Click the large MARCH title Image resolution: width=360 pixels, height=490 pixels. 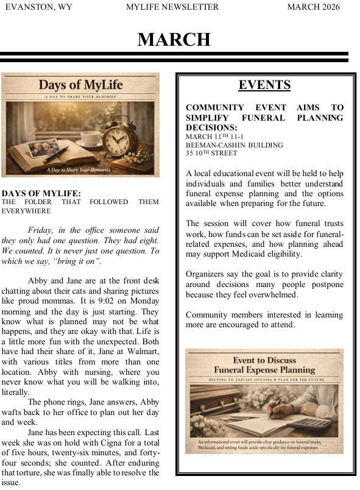coord(174,40)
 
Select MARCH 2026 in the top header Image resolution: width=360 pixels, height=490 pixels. coord(313,7)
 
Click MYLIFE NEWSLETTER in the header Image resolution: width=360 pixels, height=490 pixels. coord(172,7)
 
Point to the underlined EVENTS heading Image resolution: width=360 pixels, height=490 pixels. coord(264,85)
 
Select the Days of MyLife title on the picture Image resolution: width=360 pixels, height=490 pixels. coord(80,85)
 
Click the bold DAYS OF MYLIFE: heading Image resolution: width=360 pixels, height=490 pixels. coord(41,193)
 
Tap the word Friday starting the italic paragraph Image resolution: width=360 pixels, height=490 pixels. coord(41,230)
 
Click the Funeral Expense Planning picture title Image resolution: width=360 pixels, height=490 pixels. coord(264,365)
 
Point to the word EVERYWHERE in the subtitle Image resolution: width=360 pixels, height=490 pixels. coord(26,211)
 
